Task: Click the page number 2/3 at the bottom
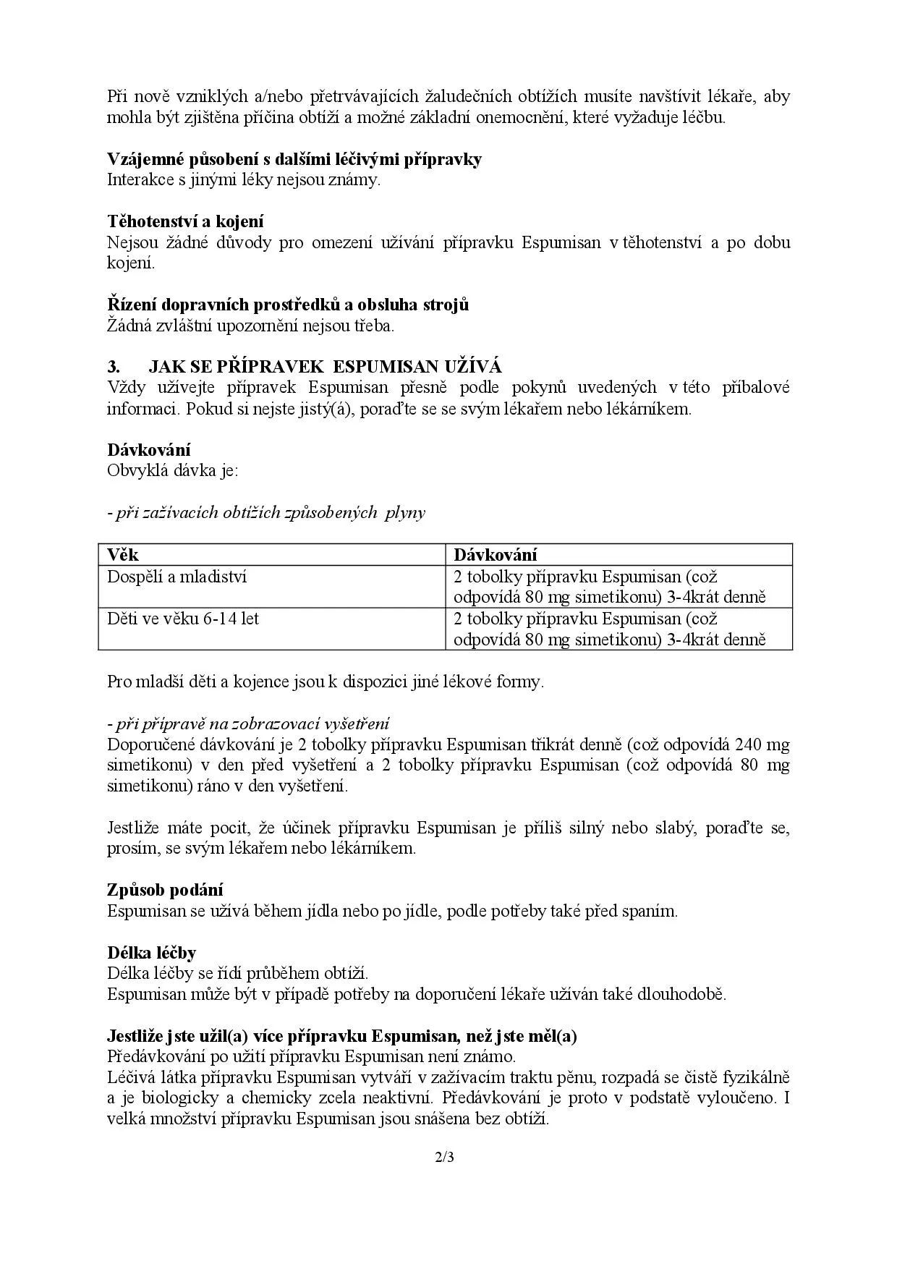coord(444,1158)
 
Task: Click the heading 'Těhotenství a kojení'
coord(185,221)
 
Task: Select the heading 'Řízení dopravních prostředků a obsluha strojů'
coord(288,305)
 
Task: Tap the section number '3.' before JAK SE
coord(114,367)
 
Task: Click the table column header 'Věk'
coord(123,555)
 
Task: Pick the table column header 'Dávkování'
coord(496,555)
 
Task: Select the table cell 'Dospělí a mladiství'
coord(177,577)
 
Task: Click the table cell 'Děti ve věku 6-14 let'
coord(183,619)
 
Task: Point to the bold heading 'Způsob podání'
coord(165,890)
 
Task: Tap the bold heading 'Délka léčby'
coord(152,953)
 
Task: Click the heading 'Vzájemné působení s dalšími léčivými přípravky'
coord(294,159)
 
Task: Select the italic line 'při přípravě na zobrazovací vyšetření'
coord(248,723)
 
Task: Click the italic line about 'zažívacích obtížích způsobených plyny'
coord(266,513)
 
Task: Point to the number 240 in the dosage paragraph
coord(749,744)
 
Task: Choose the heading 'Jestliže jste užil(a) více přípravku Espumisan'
coord(342,1036)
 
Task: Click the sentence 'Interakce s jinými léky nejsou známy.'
coord(244,180)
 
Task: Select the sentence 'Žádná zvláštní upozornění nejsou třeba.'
coord(251,326)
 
